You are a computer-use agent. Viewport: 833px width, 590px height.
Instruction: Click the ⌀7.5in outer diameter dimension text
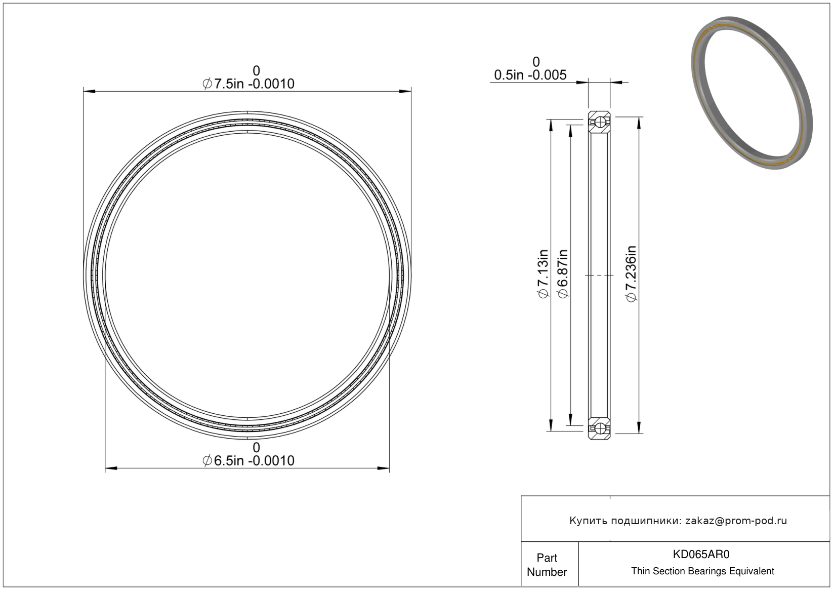click(248, 84)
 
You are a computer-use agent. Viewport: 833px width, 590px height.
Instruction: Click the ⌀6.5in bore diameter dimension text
click(248, 460)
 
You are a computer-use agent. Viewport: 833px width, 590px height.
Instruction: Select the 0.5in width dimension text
click(530, 75)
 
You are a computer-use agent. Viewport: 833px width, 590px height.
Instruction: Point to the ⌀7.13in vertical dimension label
click(544, 273)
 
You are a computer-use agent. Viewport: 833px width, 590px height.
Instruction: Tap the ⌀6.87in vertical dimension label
click(563, 273)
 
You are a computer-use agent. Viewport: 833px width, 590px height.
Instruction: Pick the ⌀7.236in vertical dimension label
click(631, 273)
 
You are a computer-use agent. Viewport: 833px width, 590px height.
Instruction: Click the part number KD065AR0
click(701, 554)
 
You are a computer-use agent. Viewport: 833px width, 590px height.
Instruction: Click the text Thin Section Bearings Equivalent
click(702, 571)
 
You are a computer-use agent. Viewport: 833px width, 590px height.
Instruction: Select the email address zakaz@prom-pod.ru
click(736, 521)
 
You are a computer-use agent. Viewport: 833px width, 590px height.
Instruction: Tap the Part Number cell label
click(547, 565)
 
